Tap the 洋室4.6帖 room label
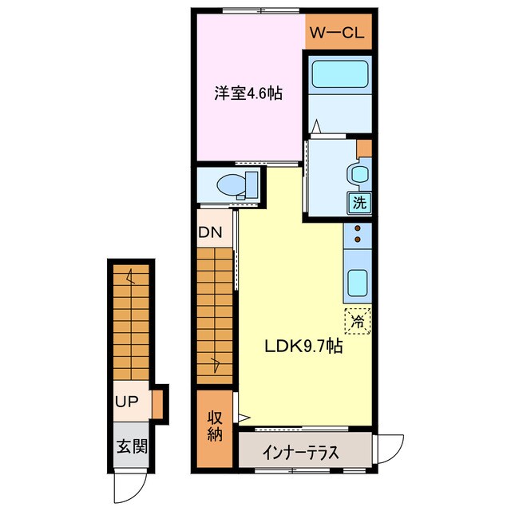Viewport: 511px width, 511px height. (248, 93)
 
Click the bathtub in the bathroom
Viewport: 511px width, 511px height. (339, 74)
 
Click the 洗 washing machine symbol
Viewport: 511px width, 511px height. (359, 202)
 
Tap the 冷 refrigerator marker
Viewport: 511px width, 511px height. (358, 321)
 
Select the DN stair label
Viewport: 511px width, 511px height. (215, 233)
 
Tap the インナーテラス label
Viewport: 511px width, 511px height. (300, 452)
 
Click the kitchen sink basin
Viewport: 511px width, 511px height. (357, 281)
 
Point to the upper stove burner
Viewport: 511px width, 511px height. (358, 229)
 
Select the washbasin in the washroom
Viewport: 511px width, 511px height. (357, 173)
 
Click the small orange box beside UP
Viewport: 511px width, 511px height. (158, 401)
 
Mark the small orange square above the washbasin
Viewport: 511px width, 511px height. (364, 148)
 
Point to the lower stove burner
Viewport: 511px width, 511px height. (358, 239)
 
